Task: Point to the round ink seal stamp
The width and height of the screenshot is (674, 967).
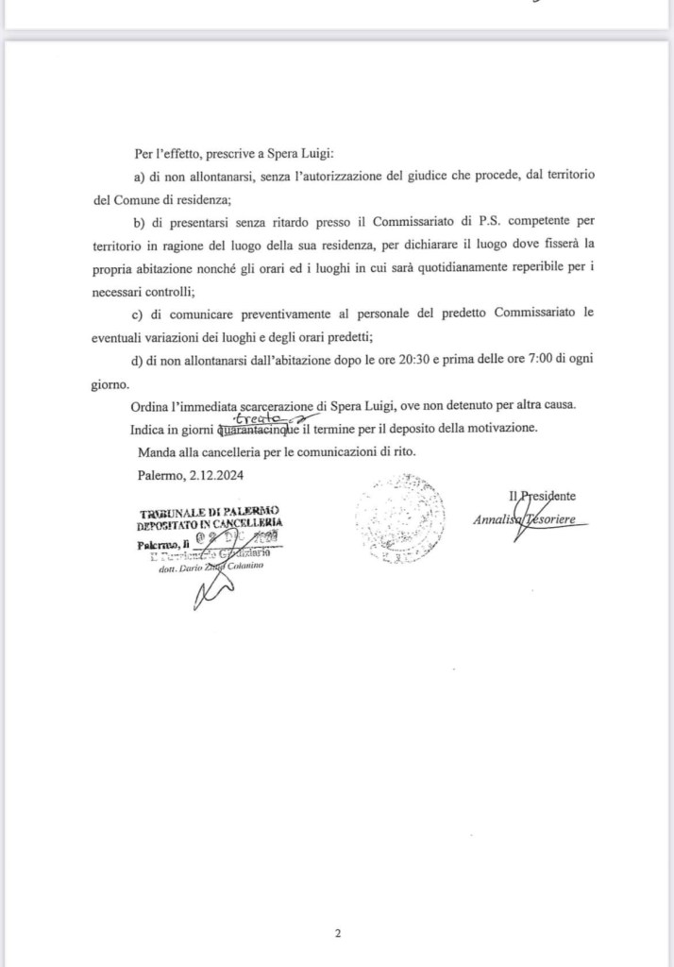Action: pos(400,518)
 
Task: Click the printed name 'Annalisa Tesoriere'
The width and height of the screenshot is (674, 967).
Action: pos(530,519)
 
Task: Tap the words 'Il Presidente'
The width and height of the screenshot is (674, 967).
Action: pos(542,495)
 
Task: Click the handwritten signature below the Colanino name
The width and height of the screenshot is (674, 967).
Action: pos(211,593)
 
